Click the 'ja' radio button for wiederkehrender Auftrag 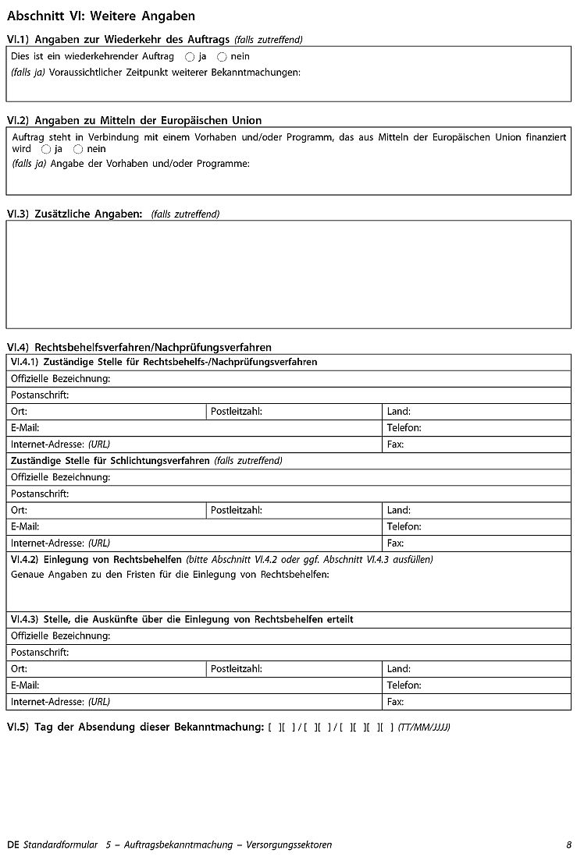pos(190,57)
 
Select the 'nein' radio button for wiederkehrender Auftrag pos(222,57)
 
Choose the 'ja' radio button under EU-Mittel pos(46,149)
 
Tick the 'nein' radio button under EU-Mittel pos(78,149)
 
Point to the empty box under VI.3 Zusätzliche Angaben pos(288,274)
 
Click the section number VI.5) pos(17,728)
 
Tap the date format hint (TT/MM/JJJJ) pos(424,728)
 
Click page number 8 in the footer pos(569,845)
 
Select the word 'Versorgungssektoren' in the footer pos(288,845)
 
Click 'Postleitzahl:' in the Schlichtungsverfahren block pos(236,510)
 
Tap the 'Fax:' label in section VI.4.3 pos(395,702)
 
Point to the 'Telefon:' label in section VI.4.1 pos(404,427)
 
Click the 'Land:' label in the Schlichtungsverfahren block pos(398,510)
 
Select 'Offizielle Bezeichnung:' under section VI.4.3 pos(60,636)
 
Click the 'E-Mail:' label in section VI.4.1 pos(25,427)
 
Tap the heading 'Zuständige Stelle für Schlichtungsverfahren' pos(109,460)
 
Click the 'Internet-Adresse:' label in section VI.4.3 pos(47,702)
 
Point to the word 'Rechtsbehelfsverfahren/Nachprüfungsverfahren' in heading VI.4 pos(153,347)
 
